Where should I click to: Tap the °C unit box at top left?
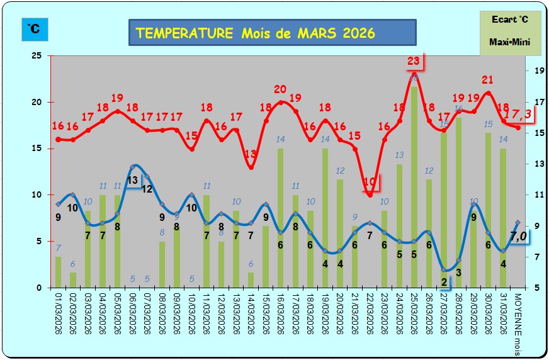pyautogui.click(x=34, y=29)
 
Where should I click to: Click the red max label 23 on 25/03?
pyautogui.click(x=414, y=61)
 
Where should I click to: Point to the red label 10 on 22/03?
pyautogui.click(x=370, y=183)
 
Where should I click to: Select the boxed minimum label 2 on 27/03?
pyautogui.click(x=444, y=281)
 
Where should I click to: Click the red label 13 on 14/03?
pyautogui.click(x=251, y=154)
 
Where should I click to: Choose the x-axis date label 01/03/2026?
pyautogui.click(x=59, y=317)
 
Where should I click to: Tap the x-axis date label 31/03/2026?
pyautogui.click(x=504, y=317)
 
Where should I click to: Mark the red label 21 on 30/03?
pyautogui.click(x=487, y=79)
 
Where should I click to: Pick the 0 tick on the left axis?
pyautogui.click(x=39, y=288)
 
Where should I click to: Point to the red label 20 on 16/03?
pyautogui.click(x=281, y=89)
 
